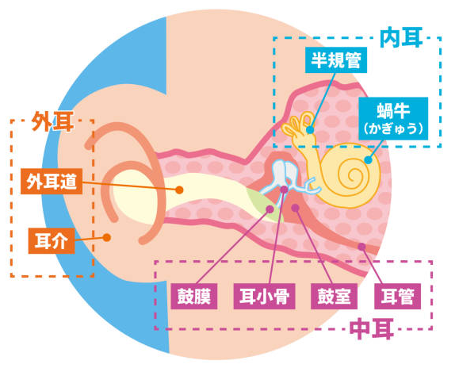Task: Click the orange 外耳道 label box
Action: (52, 182)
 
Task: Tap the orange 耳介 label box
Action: (52, 241)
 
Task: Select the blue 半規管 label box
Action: (336, 60)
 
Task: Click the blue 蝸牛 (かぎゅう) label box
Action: (393, 119)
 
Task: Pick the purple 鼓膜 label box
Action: (194, 296)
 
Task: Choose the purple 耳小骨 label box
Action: (264, 296)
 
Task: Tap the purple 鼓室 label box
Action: (334, 296)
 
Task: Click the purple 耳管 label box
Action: (397, 296)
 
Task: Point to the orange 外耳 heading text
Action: (52, 121)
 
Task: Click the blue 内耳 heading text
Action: (401, 37)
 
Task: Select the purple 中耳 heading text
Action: (372, 328)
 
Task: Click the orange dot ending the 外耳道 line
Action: (179, 190)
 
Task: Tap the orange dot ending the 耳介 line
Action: (107, 237)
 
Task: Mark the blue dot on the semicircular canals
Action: (310, 130)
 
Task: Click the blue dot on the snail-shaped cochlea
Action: (369, 160)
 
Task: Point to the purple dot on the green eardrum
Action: (270, 209)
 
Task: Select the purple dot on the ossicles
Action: (284, 190)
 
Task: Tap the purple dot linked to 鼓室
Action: (295, 208)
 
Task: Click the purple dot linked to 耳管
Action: (361, 247)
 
